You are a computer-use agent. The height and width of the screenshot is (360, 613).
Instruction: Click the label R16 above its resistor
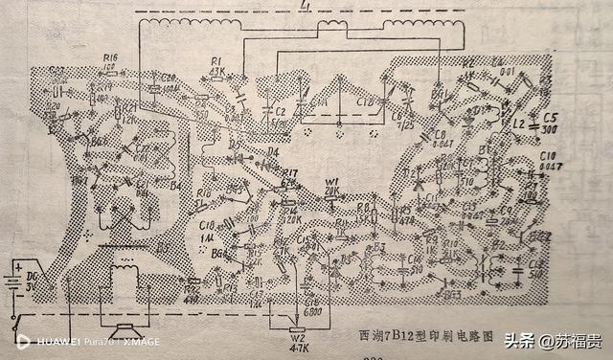(x=111, y=58)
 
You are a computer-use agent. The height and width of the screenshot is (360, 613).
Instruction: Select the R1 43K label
(x=216, y=66)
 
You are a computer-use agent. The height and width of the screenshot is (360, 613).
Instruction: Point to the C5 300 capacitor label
(x=548, y=123)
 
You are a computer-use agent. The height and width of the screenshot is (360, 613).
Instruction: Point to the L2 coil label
(x=518, y=125)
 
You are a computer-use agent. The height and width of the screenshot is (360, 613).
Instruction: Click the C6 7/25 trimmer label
(x=397, y=121)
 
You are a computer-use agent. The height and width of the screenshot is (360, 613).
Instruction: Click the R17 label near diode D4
(x=290, y=174)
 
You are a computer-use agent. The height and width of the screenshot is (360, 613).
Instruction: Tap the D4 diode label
(x=272, y=150)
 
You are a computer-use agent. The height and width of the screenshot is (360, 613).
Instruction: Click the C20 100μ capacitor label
(x=167, y=81)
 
